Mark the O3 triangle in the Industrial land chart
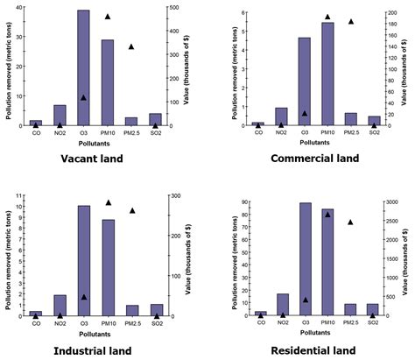click(x=83, y=297)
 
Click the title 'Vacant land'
click(x=91, y=159)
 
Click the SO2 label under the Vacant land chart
click(x=155, y=132)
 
